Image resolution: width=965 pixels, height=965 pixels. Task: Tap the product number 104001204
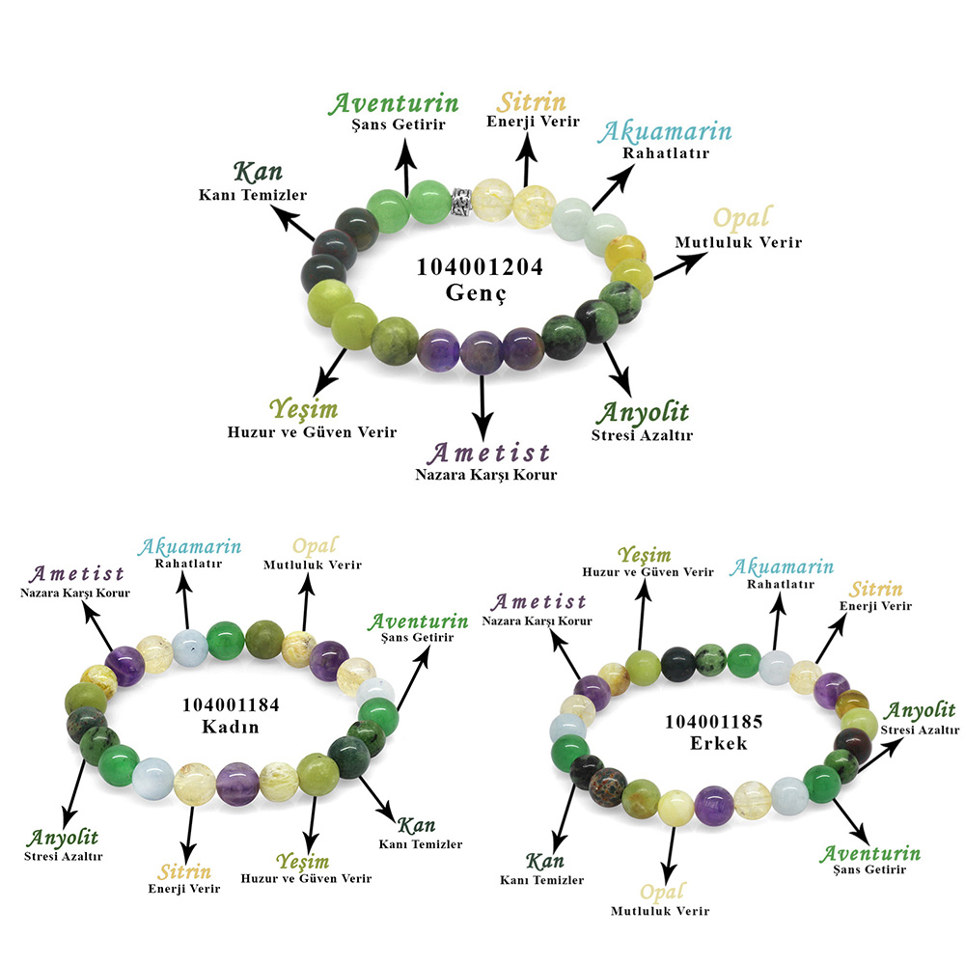(x=479, y=268)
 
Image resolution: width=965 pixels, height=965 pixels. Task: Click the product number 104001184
(x=231, y=704)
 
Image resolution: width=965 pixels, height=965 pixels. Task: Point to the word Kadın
(x=231, y=727)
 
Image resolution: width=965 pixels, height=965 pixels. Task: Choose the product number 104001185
(x=714, y=721)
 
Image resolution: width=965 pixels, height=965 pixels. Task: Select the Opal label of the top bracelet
(x=741, y=218)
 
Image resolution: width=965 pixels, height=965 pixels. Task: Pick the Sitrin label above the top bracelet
(x=531, y=101)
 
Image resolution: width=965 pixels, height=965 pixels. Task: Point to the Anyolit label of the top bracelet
(x=642, y=413)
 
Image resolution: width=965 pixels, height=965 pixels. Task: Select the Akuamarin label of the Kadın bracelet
(x=189, y=547)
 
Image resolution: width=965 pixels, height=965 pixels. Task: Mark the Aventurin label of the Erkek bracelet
(x=870, y=853)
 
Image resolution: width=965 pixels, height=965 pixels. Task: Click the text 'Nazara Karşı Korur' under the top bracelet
(x=486, y=475)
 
